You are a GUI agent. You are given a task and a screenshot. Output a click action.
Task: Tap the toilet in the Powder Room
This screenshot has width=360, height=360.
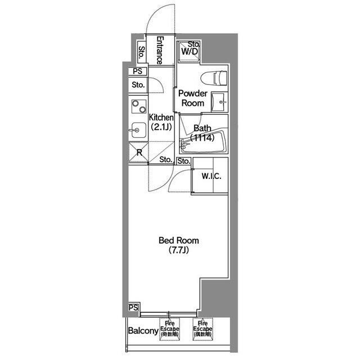216,78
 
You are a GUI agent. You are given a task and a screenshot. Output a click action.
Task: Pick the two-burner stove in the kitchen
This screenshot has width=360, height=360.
138,106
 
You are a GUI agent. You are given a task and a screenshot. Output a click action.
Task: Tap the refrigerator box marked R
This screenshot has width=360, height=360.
138,152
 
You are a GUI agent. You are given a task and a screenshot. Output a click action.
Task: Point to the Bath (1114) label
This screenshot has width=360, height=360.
201,132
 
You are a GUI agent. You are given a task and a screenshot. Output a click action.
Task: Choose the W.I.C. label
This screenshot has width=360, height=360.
211,176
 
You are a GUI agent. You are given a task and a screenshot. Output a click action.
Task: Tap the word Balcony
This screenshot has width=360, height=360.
142,331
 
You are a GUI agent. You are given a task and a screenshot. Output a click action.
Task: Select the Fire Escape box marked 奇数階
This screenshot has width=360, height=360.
168,328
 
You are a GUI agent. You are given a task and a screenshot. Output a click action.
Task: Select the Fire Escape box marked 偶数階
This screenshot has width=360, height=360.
202,328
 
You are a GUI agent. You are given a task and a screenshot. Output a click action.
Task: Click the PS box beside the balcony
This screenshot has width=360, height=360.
134,308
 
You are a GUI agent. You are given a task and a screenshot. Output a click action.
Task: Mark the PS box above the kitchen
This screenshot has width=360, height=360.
138,71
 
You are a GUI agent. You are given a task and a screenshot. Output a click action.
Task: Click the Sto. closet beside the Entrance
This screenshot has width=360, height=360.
142,53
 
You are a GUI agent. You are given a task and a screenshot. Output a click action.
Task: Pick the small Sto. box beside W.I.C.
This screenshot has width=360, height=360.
184,161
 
